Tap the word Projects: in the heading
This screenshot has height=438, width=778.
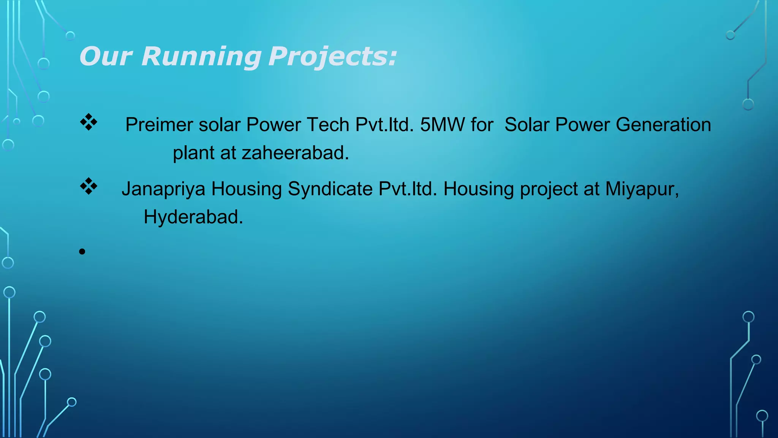click(x=332, y=56)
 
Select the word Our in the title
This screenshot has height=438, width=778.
click(x=106, y=56)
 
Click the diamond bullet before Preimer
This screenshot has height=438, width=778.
click(x=89, y=122)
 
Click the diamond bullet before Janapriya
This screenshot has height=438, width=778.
click(x=89, y=186)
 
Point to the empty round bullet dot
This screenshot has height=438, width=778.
click(x=82, y=252)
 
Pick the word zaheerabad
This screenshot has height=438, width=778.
click(x=295, y=153)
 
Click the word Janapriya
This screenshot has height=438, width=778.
click(x=163, y=189)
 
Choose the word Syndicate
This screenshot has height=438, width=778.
click(x=330, y=189)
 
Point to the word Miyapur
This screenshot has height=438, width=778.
click(x=642, y=189)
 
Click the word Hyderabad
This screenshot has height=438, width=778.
click(x=193, y=217)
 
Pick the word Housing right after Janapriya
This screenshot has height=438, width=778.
click(x=246, y=189)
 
